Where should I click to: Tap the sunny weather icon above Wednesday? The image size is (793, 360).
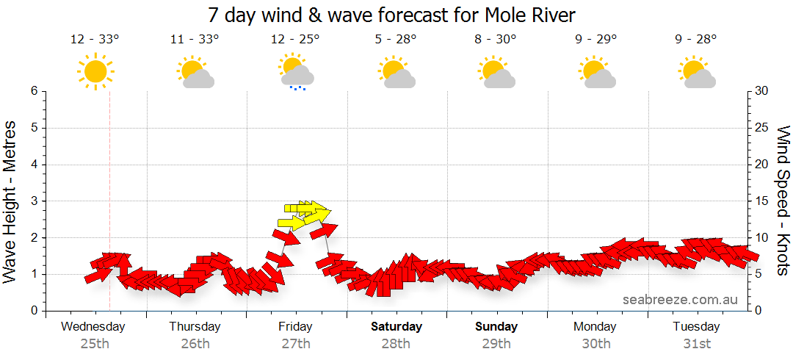tap(95, 71)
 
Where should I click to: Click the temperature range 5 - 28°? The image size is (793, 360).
tap(396, 40)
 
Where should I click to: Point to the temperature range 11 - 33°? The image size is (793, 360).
tap(195, 40)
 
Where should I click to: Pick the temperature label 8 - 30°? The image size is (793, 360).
tap(496, 40)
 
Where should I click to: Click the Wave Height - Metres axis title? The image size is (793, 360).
tap(10, 201)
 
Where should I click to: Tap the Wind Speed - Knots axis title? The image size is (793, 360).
tap(782, 201)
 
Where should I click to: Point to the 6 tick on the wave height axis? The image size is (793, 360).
tap(34, 91)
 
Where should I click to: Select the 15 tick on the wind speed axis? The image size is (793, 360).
tap(762, 201)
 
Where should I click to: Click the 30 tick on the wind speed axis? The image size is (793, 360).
tap(762, 91)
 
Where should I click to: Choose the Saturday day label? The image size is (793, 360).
tap(396, 327)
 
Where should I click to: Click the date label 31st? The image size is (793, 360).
tap(696, 344)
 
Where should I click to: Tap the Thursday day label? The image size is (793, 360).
tap(195, 327)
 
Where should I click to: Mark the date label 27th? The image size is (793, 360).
tap(295, 344)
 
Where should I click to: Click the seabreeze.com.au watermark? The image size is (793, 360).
tap(680, 300)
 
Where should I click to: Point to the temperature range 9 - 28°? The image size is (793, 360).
tap(696, 40)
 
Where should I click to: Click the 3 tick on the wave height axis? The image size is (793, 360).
tap(34, 201)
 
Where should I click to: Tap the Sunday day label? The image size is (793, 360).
tap(496, 327)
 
